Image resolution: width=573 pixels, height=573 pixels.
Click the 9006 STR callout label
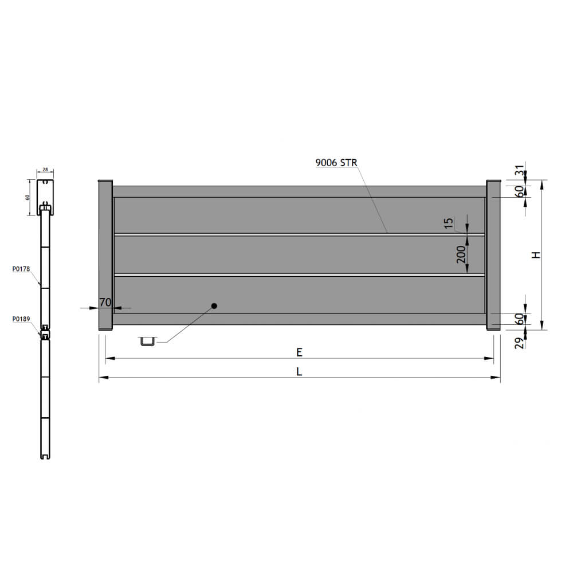click(336, 163)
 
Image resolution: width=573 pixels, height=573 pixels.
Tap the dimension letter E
click(299, 352)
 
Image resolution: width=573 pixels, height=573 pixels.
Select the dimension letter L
click(299, 372)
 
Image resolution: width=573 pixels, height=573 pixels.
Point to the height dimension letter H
click(536, 255)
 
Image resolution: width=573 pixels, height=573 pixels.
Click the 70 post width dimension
click(105, 302)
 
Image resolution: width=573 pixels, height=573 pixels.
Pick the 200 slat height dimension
click(461, 254)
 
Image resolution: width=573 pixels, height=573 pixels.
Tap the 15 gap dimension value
click(449, 223)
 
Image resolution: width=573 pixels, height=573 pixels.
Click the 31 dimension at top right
click(519, 171)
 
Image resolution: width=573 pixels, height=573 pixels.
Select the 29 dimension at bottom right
click(519, 343)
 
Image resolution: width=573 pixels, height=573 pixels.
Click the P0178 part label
click(21, 269)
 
